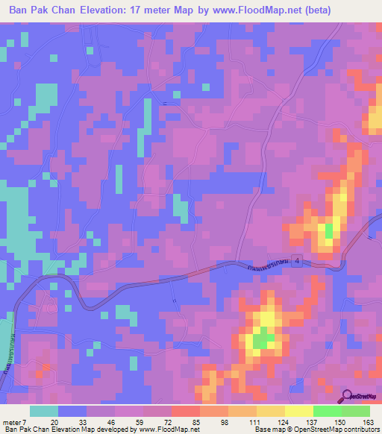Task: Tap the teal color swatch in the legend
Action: click(x=45, y=411)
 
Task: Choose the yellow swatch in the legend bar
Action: click(x=297, y=411)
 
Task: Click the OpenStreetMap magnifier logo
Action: click(x=348, y=395)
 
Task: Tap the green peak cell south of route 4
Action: click(x=261, y=341)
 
